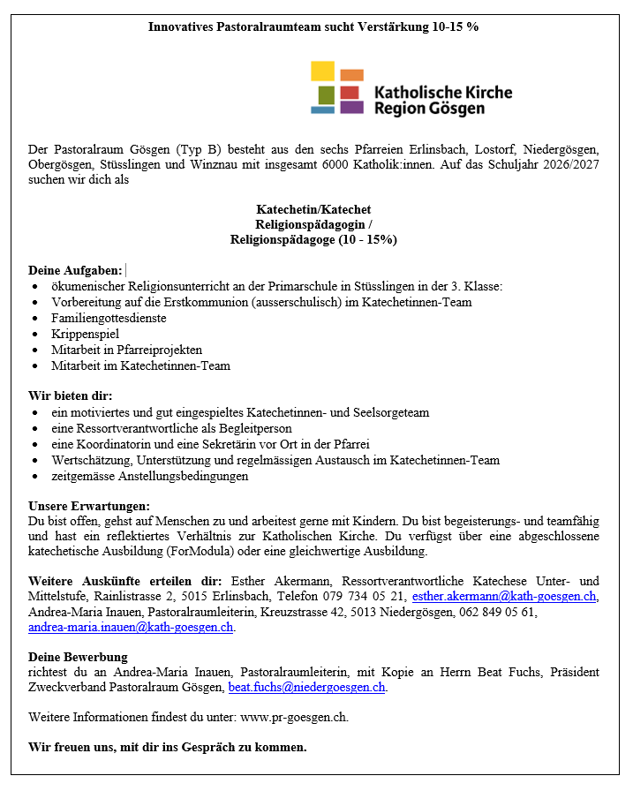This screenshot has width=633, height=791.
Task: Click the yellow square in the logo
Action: [322, 72]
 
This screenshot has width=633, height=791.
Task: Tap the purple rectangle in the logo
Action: [351, 107]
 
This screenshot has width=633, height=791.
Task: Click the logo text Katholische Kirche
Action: [443, 92]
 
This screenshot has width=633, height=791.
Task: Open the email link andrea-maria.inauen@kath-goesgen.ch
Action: [131, 627]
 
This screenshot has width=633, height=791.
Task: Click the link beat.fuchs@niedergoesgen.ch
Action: [306, 687]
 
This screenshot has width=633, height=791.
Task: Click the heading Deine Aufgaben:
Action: [75, 271]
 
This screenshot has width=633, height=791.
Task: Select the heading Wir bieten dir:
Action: [71, 395]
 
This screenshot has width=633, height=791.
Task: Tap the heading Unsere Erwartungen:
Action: [89, 506]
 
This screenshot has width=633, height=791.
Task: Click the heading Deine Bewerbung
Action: [78, 657]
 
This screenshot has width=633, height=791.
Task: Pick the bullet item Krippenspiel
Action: [85, 334]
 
